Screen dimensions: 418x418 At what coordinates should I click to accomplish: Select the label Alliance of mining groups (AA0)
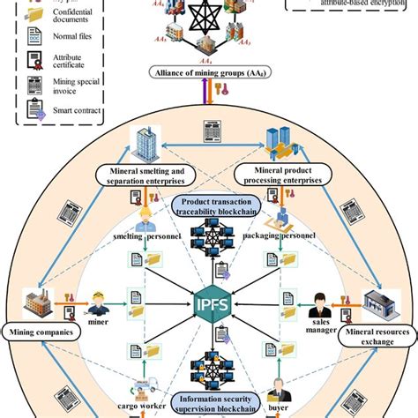(208, 72)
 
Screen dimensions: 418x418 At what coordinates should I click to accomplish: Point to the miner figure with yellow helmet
(100, 304)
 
